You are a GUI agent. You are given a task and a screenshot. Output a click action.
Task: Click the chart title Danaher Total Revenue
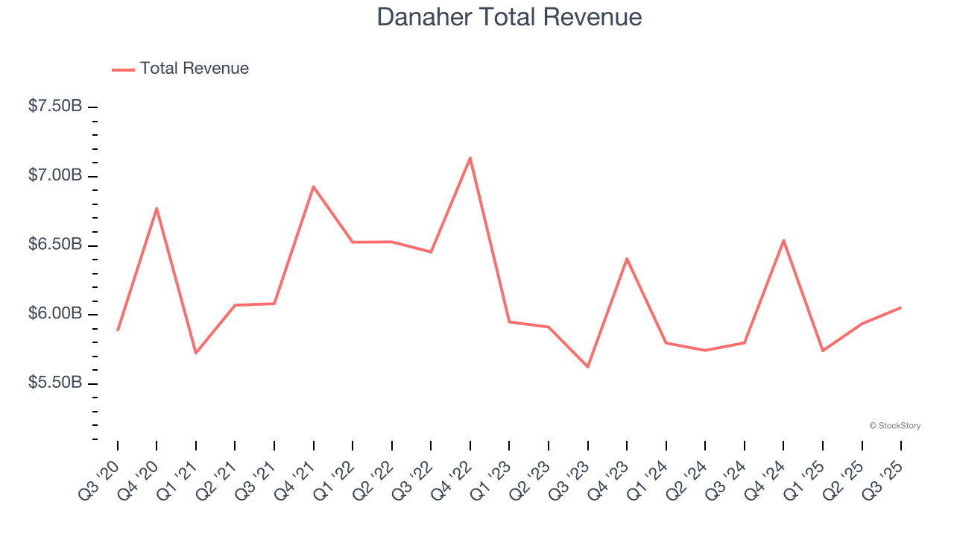[509, 17]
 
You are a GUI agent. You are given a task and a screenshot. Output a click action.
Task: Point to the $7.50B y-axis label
[55, 107]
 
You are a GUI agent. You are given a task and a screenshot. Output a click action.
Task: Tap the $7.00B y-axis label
[55, 176]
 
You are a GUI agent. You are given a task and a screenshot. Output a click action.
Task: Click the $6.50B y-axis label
[55, 245]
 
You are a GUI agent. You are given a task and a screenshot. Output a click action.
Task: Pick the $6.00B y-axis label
[55, 314]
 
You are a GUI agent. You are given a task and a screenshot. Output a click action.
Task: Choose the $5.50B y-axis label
[55, 383]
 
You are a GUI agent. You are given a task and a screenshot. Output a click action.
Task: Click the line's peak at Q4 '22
[470, 157]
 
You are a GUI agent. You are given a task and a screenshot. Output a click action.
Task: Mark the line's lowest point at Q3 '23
[587, 367]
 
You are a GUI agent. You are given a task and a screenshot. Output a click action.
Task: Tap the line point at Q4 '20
[157, 208]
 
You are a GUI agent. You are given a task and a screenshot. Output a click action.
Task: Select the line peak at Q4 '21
[313, 186]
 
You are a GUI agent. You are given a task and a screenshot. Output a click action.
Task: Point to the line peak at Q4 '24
[783, 240]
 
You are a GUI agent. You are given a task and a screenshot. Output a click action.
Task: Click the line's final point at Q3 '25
[900, 307]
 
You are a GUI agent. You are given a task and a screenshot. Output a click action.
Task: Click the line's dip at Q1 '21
[196, 353]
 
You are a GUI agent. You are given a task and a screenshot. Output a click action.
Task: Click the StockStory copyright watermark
[894, 426]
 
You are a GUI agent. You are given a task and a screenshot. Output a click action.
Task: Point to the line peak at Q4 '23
[627, 259]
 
